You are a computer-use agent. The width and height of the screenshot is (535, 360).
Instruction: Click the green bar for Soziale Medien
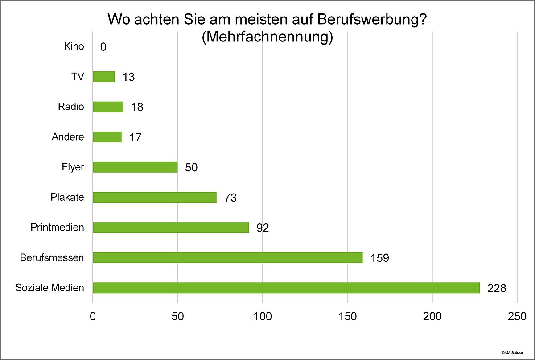[286, 288]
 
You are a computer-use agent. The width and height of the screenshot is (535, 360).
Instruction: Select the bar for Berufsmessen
[227, 258]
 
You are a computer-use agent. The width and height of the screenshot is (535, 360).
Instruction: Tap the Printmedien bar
[171, 228]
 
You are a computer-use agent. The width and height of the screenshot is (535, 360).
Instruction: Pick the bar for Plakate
[154, 197]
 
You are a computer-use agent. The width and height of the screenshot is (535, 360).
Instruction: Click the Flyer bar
[135, 167]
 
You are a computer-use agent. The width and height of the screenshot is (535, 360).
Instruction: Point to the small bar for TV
[103, 77]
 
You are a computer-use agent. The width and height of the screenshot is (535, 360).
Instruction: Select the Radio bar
[108, 107]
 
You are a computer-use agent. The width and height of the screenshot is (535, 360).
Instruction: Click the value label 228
[497, 288]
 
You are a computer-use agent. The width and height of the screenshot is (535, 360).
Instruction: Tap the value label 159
[379, 258]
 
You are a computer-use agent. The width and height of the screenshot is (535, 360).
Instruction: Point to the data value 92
[263, 228]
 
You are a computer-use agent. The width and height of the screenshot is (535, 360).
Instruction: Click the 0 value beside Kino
[103, 47]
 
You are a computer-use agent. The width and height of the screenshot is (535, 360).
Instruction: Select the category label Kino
[74, 46]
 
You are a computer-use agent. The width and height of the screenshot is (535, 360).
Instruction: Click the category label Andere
[67, 137]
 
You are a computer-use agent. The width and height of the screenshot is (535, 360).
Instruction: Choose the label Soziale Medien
[49, 288]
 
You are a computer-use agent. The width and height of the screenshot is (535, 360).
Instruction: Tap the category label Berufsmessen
[52, 258]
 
